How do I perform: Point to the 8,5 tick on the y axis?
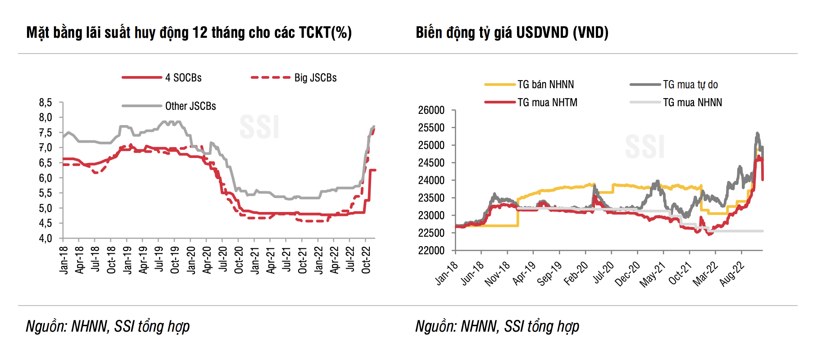click(45, 103)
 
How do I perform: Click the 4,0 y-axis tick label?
click(45, 238)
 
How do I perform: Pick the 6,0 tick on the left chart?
click(45, 178)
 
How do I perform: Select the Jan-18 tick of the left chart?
click(64, 260)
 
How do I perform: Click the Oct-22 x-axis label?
click(366, 260)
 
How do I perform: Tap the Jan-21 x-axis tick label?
click(254, 260)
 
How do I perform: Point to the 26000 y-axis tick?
click(431, 110)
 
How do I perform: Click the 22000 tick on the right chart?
click(431, 250)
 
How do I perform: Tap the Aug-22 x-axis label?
click(732, 273)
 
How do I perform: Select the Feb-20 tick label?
click(576, 273)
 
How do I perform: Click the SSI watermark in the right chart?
click(645, 147)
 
